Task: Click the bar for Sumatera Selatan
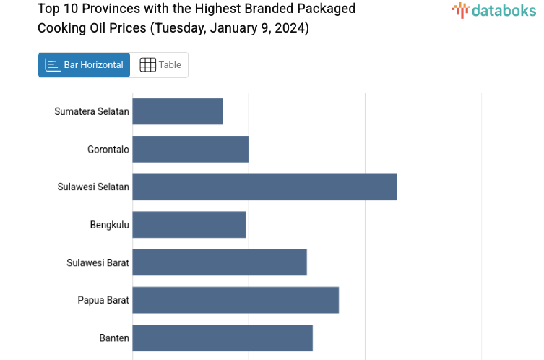tap(177, 111)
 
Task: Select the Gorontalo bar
tap(190, 149)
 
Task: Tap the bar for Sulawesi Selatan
tap(264, 187)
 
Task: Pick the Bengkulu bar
tap(189, 225)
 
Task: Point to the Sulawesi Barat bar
tap(220, 262)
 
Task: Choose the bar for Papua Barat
tap(236, 300)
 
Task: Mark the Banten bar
tap(223, 338)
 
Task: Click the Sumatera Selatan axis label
tap(92, 111)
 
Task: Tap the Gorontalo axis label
tap(108, 150)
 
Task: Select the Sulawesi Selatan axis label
tap(93, 187)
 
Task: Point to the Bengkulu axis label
tap(110, 225)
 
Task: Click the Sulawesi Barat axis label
tap(98, 262)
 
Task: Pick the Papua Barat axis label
tap(103, 300)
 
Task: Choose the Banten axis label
tap(114, 338)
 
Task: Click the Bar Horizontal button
tap(84, 65)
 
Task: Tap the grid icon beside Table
tap(147, 65)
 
